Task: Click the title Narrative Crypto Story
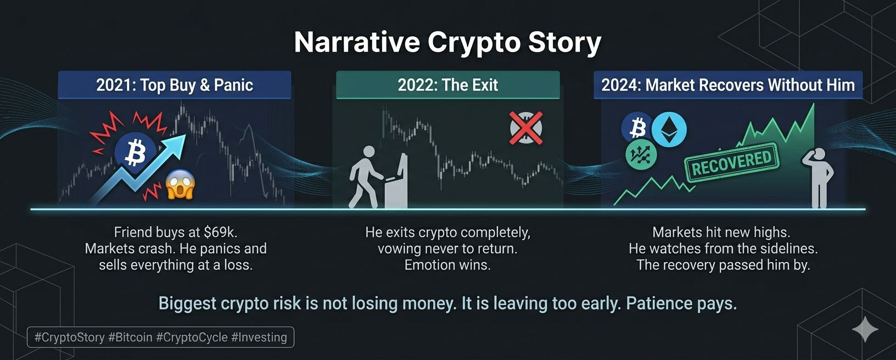[x=447, y=42]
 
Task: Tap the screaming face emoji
[x=181, y=184]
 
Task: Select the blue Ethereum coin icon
[x=669, y=130]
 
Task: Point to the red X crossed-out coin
[x=526, y=128]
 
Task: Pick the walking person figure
[x=365, y=177]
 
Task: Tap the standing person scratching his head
[x=818, y=178]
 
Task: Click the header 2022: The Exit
[x=447, y=85]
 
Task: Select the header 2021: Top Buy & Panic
[x=175, y=85]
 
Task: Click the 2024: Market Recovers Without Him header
[x=728, y=85]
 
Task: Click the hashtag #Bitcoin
[x=131, y=337]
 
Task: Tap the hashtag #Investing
[x=259, y=337]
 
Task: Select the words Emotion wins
[x=447, y=265]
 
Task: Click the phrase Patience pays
[x=681, y=303]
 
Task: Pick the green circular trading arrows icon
[x=641, y=156]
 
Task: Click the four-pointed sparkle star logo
[x=865, y=329]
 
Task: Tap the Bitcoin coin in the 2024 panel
[x=637, y=128]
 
